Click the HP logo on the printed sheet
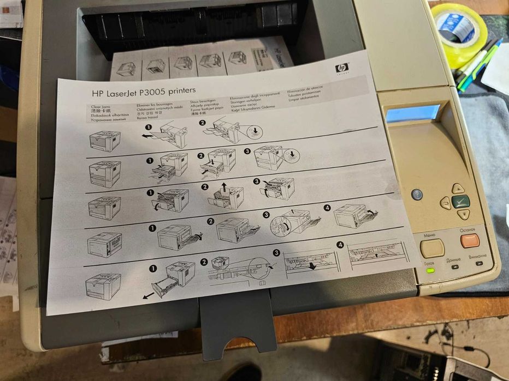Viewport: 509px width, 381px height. click(x=342, y=68)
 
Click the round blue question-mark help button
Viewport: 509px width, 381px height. click(x=417, y=194)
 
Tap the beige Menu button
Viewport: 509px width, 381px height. click(x=432, y=248)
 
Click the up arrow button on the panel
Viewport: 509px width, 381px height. click(x=458, y=189)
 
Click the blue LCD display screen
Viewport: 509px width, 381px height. click(x=412, y=113)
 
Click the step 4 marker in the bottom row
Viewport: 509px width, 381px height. click(x=341, y=245)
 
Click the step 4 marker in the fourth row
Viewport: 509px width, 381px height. click(x=328, y=208)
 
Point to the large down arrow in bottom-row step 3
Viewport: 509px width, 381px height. click(x=312, y=265)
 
